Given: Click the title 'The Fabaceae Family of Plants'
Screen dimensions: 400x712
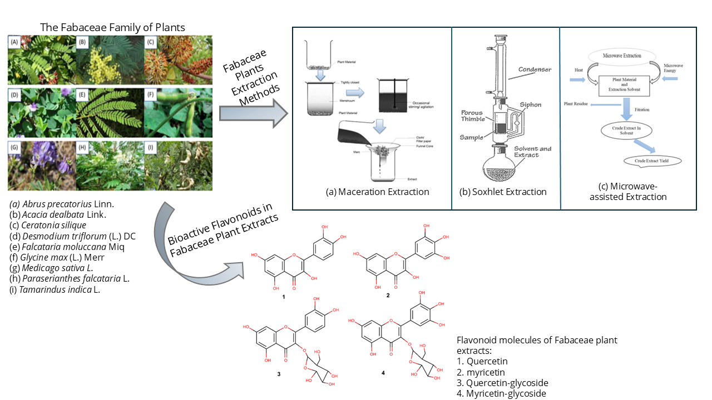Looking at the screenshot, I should [x=113, y=27].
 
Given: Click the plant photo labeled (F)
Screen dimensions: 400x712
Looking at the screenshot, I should [x=178, y=113].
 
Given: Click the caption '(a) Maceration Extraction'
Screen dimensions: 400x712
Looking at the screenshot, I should [x=378, y=192].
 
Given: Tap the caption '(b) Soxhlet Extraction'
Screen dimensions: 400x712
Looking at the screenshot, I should [x=503, y=192].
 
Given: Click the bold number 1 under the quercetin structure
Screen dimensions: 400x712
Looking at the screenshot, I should [x=283, y=297].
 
